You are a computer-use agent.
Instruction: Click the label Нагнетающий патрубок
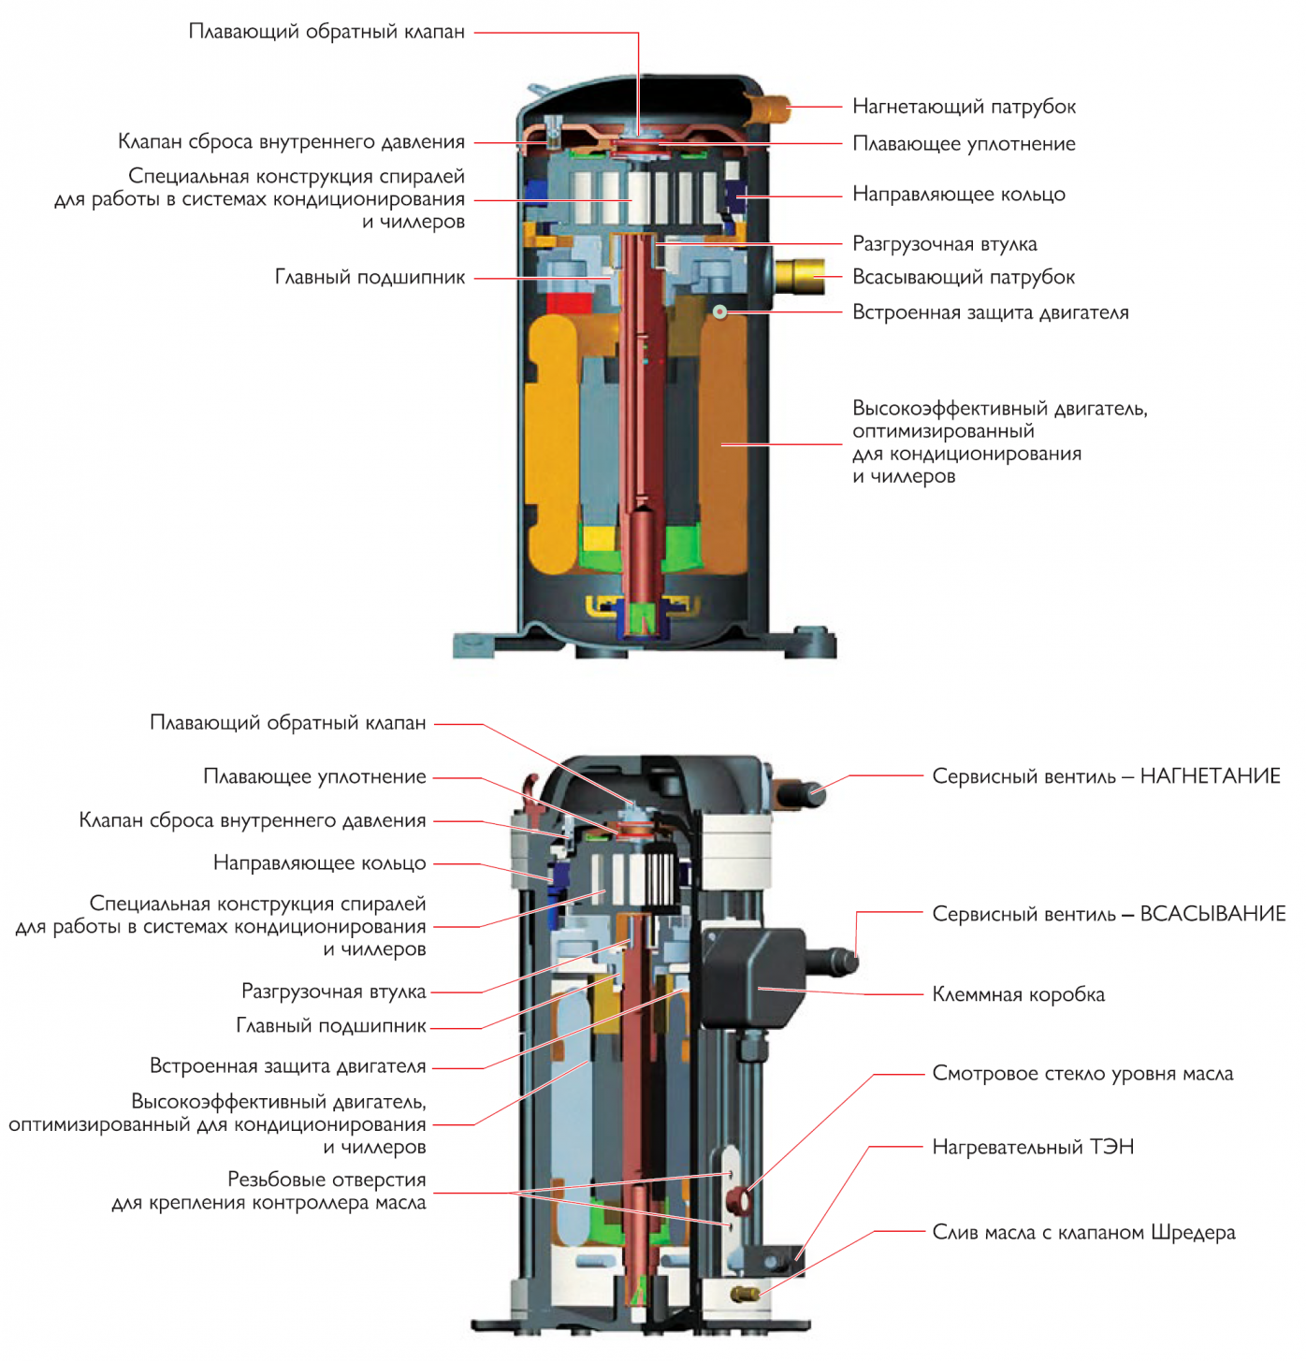(964, 107)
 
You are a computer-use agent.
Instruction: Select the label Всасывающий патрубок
(963, 277)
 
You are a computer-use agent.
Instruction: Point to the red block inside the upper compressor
(570, 302)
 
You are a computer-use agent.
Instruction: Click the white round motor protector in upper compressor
(719, 312)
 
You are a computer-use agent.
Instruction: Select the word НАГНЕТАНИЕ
(1210, 776)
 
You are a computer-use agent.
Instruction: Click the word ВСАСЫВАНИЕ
(1212, 914)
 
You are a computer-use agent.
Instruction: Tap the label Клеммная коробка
(1018, 994)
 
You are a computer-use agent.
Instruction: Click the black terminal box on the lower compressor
(753, 977)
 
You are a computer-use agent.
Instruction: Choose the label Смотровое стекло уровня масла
(1082, 1074)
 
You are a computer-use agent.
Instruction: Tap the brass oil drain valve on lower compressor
(746, 1295)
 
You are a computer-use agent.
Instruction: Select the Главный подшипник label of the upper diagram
(370, 278)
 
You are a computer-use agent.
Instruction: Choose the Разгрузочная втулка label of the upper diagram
(944, 244)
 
